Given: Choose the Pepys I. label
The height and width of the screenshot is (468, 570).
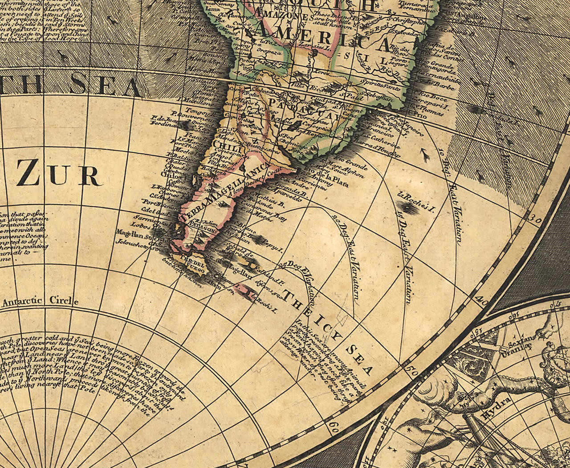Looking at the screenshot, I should [x=273, y=247].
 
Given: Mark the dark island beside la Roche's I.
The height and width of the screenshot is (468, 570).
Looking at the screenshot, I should [x=405, y=207].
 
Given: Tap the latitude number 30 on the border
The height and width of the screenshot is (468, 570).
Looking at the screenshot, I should [x=536, y=220].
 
